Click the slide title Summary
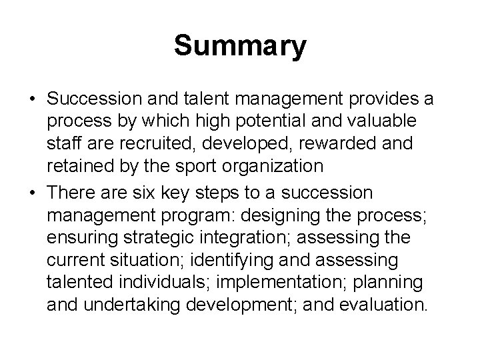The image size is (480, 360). click(240, 46)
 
